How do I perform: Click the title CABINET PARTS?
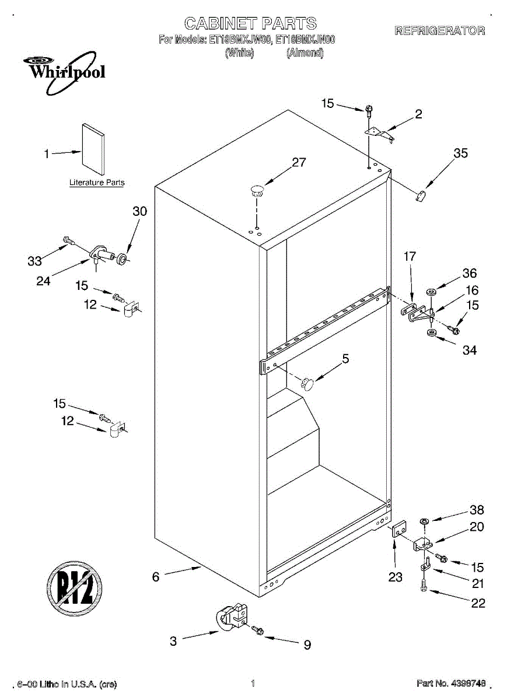250,23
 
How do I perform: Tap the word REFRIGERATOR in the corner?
439,31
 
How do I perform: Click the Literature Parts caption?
97,183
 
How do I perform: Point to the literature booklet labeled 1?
93,149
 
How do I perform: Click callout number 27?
299,163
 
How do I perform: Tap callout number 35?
461,153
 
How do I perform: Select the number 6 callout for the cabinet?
156,577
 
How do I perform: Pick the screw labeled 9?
257,631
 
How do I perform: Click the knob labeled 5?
307,383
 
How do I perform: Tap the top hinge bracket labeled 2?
380,134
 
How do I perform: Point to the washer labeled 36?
432,290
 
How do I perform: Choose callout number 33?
34,261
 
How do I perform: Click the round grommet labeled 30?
122,258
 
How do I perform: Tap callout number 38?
477,510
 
